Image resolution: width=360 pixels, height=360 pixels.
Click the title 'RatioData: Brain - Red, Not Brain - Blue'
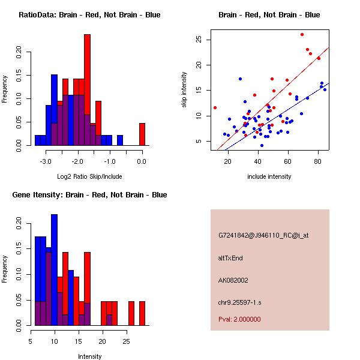click(x=89, y=15)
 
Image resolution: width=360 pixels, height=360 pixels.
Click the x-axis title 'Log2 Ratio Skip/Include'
click(x=89, y=176)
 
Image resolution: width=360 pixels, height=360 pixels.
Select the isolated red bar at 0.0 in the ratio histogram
click(x=142, y=134)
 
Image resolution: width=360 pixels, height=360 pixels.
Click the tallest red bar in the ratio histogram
click(x=87, y=90)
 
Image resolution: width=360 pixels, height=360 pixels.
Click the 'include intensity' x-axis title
click(x=269, y=176)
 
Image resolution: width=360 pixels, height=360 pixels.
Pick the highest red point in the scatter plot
click(x=302, y=35)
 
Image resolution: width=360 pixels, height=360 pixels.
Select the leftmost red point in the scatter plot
click(x=215, y=108)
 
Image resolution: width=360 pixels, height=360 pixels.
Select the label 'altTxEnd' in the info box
click(x=230, y=258)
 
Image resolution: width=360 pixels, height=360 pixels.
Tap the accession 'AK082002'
click(x=233, y=280)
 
